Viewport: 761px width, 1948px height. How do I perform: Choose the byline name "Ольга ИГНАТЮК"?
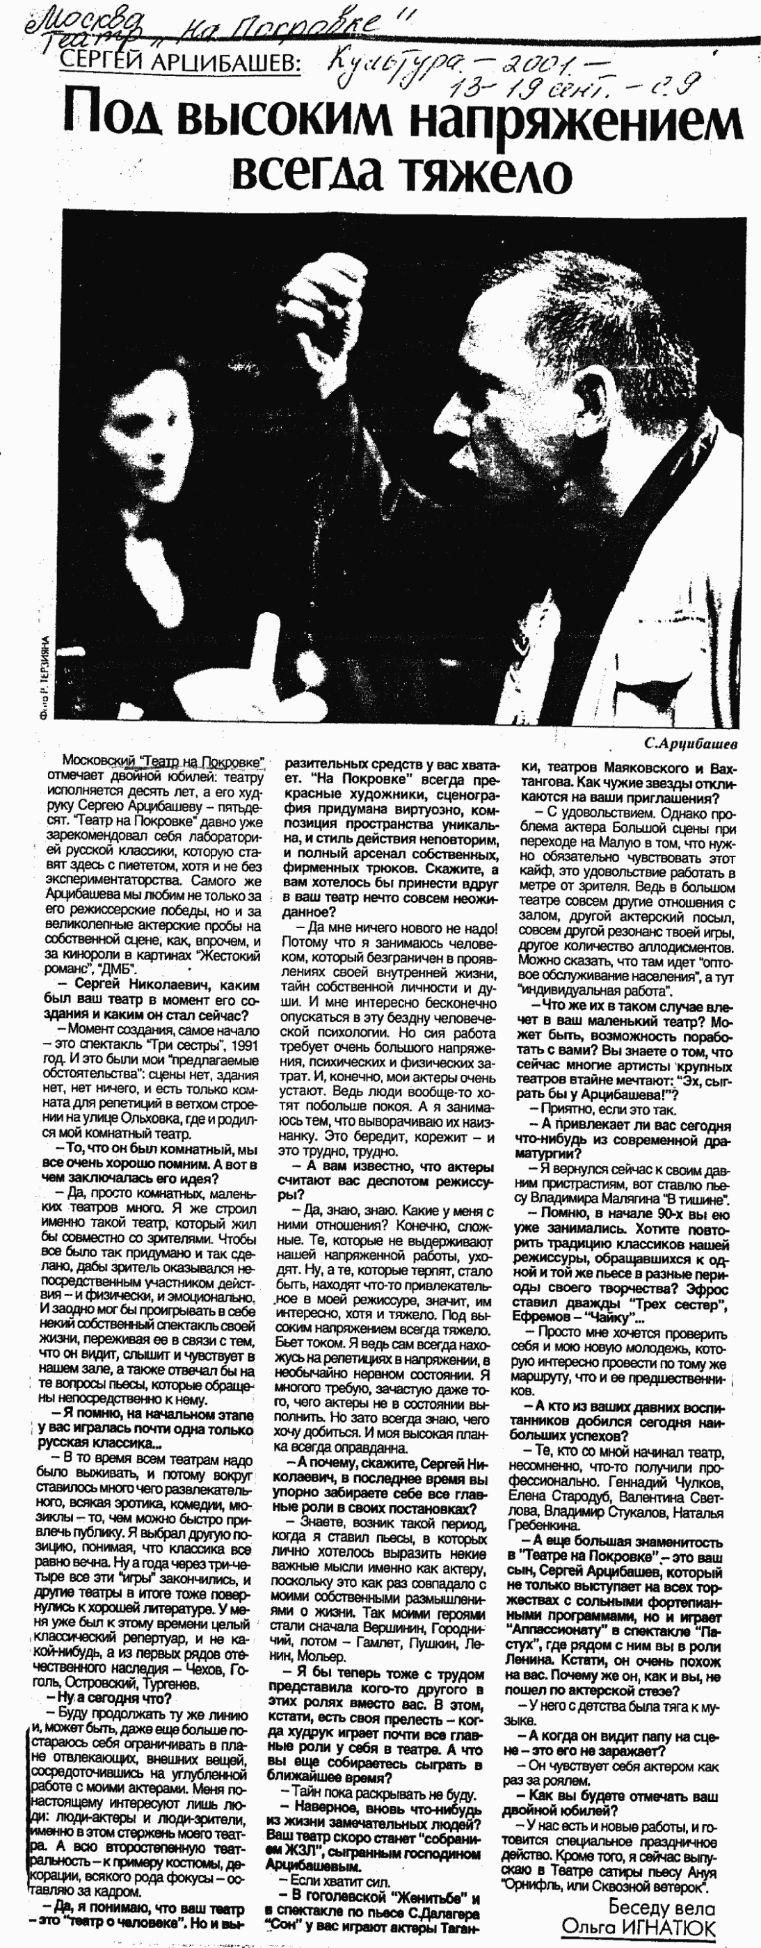(x=639, y=1927)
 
